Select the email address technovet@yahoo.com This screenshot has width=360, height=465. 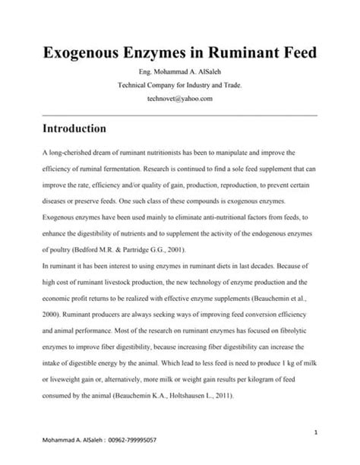[180, 98]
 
